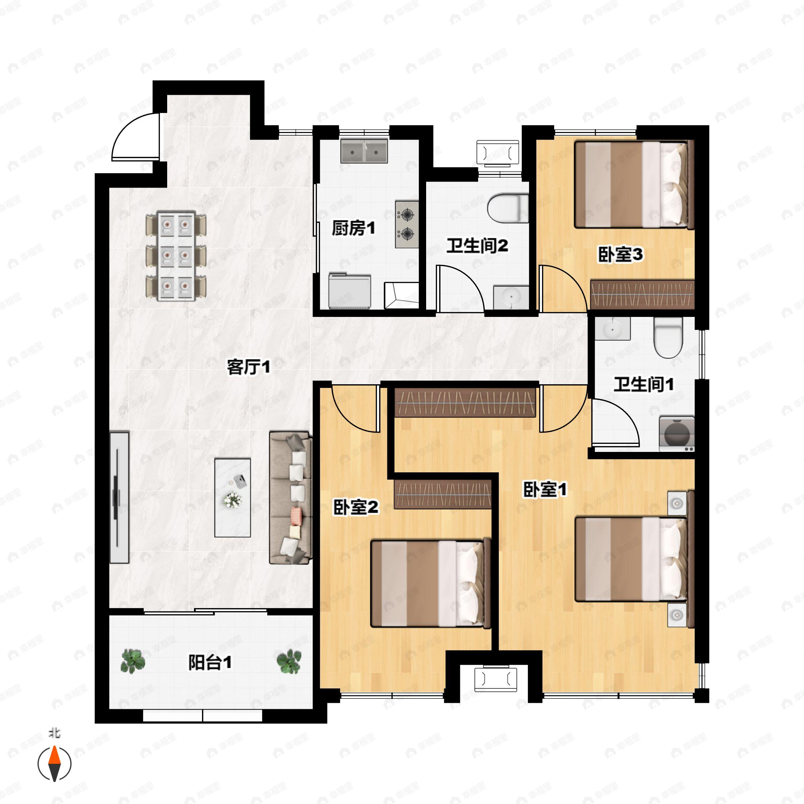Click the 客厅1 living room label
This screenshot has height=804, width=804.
click(x=249, y=367)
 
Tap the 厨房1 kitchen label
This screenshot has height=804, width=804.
click(x=353, y=228)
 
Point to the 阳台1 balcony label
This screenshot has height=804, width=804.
click(x=210, y=663)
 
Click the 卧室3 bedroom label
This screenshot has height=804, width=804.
click(x=620, y=255)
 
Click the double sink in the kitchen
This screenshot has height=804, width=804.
click(x=364, y=151)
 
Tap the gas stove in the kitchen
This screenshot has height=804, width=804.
click(x=407, y=225)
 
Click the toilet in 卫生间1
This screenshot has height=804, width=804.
click(x=668, y=337)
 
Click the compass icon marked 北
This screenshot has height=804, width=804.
click(x=55, y=764)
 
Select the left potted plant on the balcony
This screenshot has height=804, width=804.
click(x=133, y=661)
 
